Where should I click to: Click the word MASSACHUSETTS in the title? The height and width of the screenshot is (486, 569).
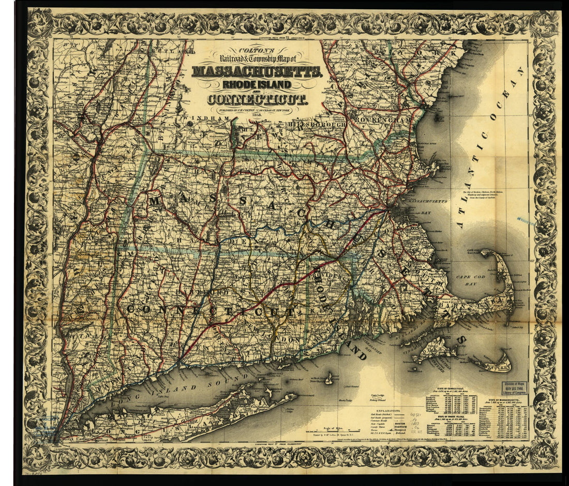pos(258,71)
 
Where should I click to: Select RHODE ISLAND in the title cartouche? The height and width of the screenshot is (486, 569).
pos(258,85)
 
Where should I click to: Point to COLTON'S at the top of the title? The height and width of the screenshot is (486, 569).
pos(257,52)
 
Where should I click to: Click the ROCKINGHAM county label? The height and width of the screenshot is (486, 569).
pos(383,120)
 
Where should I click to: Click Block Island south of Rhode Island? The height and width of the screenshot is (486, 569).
pos(328,379)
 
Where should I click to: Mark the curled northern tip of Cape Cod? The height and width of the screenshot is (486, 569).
pos(488,254)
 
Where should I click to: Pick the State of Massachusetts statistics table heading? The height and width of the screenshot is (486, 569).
pos(506,401)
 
